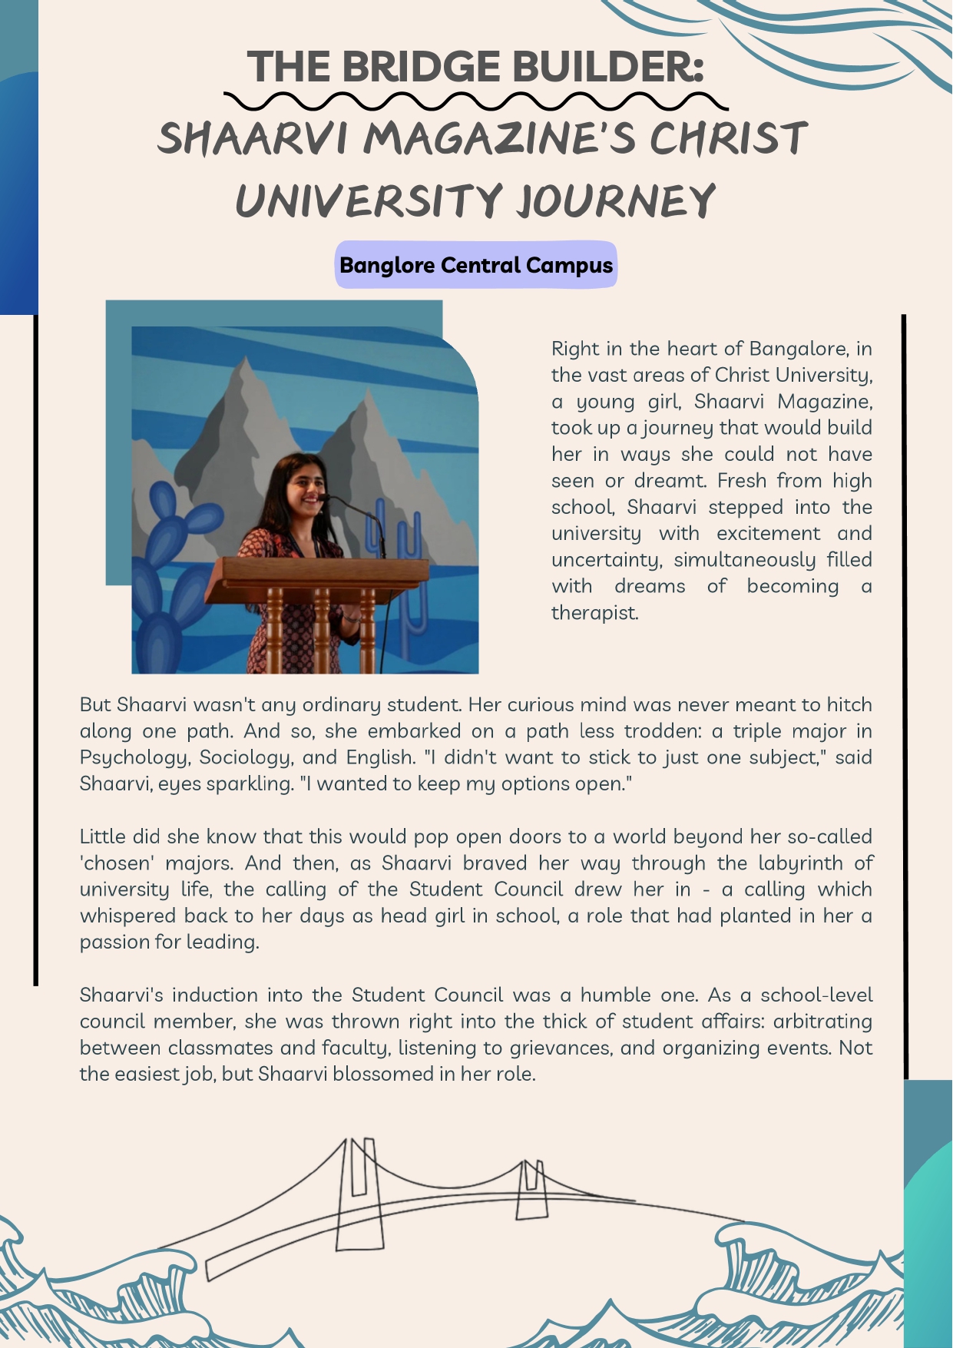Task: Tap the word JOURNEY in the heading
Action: click(x=616, y=201)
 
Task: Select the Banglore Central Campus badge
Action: click(x=476, y=265)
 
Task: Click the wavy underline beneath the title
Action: click(x=476, y=101)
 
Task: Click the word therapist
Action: click(x=594, y=613)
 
